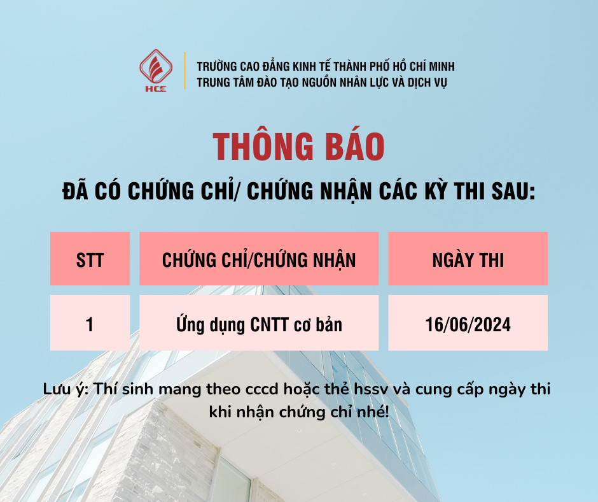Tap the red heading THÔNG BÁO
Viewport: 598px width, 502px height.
click(299, 147)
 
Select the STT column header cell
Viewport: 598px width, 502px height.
click(90, 259)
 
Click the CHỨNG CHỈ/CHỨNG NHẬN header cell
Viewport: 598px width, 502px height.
click(259, 259)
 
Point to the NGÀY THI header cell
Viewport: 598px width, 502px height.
click(468, 259)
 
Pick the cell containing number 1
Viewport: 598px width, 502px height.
click(90, 324)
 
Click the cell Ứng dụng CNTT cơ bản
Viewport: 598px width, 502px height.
click(259, 324)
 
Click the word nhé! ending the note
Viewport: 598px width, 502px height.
click(375, 412)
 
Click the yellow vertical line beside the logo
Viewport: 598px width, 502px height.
click(184, 70)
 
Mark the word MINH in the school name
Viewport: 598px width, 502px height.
click(439, 66)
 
